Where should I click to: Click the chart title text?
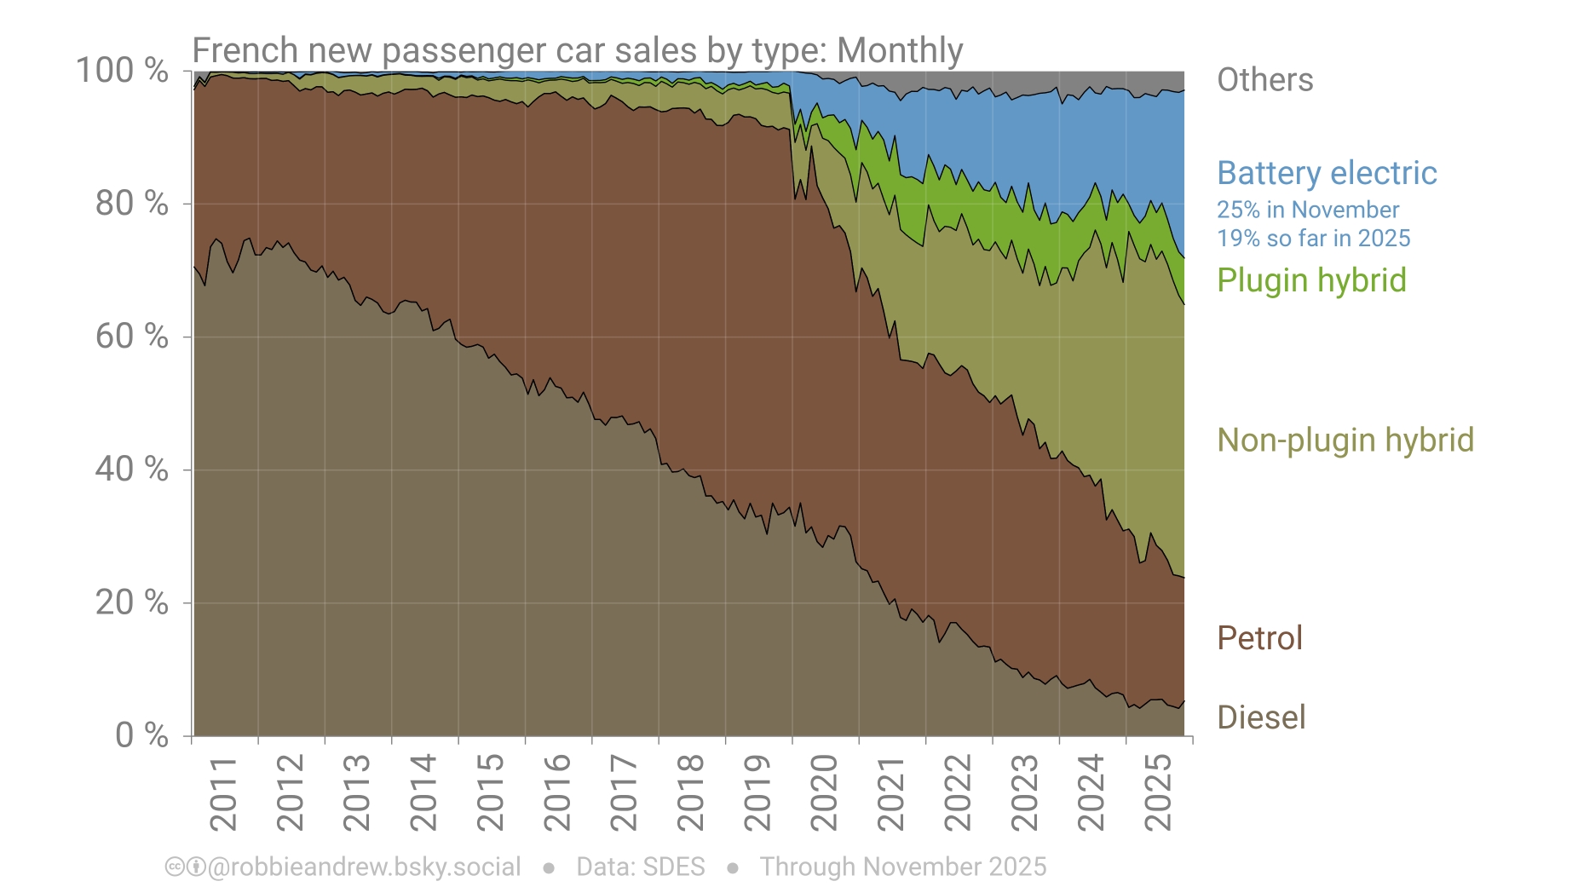(577, 50)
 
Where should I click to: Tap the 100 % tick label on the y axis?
(122, 71)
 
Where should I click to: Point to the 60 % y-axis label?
(131, 337)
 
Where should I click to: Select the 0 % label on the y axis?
(141, 735)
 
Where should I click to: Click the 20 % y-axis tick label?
(131, 602)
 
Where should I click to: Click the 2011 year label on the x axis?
(223, 793)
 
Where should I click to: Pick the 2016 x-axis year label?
(557, 793)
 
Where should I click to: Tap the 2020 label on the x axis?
(824, 793)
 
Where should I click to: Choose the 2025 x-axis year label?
(1158, 793)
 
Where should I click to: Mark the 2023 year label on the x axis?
(1024, 793)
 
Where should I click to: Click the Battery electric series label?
(1327, 173)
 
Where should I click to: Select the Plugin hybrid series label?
(1311, 280)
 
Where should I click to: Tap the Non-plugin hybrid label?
(1345, 440)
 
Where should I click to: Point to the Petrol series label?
(1259, 638)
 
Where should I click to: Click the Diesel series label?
(1261, 717)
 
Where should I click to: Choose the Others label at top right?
(1264, 80)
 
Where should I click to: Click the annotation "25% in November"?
(1307, 210)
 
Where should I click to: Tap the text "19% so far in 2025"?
(1313, 239)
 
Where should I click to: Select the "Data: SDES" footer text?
(641, 867)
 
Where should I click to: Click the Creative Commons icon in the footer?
(174, 867)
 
